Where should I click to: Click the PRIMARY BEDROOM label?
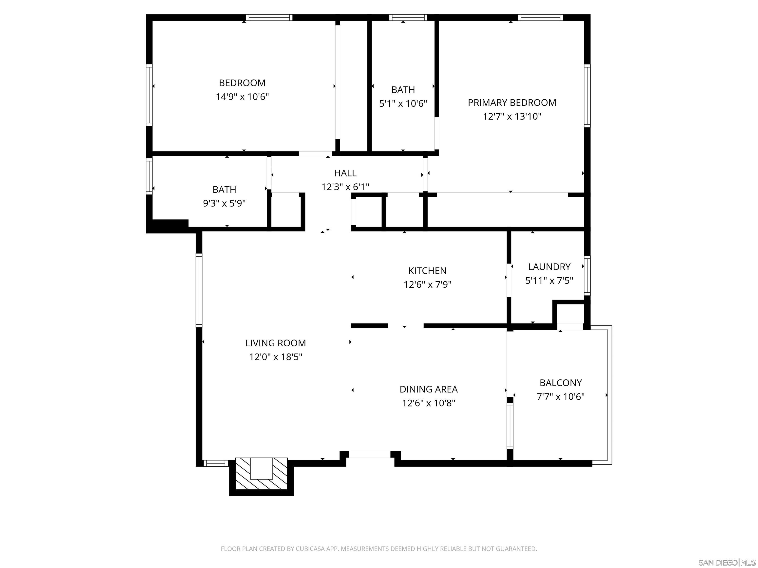pyautogui.click(x=512, y=103)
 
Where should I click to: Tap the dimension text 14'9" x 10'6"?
pyautogui.click(x=242, y=97)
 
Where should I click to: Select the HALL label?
pyautogui.click(x=345, y=173)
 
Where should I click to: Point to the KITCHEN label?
pyautogui.click(x=427, y=271)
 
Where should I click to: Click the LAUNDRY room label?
pyautogui.click(x=549, y=267)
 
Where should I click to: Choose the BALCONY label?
pyautogui.click(x=561, y=383)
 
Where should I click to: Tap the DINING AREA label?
pyautogui.click(x=428, y=389)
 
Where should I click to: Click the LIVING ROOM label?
pyautogui.click(x=276, y=343)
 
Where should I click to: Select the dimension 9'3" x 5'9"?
pyautogui.click(x=224, y=204)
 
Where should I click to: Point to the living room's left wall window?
pyautogui.click(x=199, y=290)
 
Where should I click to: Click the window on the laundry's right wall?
pyautogui.click(x=587, y=276)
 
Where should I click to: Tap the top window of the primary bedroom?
pyautogui.click(x=540, y=18)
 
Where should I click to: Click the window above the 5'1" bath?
pyautogui.click(x=408, y=18)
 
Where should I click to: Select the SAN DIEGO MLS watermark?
pyautogui.click(x=726, y=563)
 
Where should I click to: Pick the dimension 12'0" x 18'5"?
pyautogui.click(x=276, y=357)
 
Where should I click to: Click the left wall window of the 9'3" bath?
pyautogui.click(x=149, y=176)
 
